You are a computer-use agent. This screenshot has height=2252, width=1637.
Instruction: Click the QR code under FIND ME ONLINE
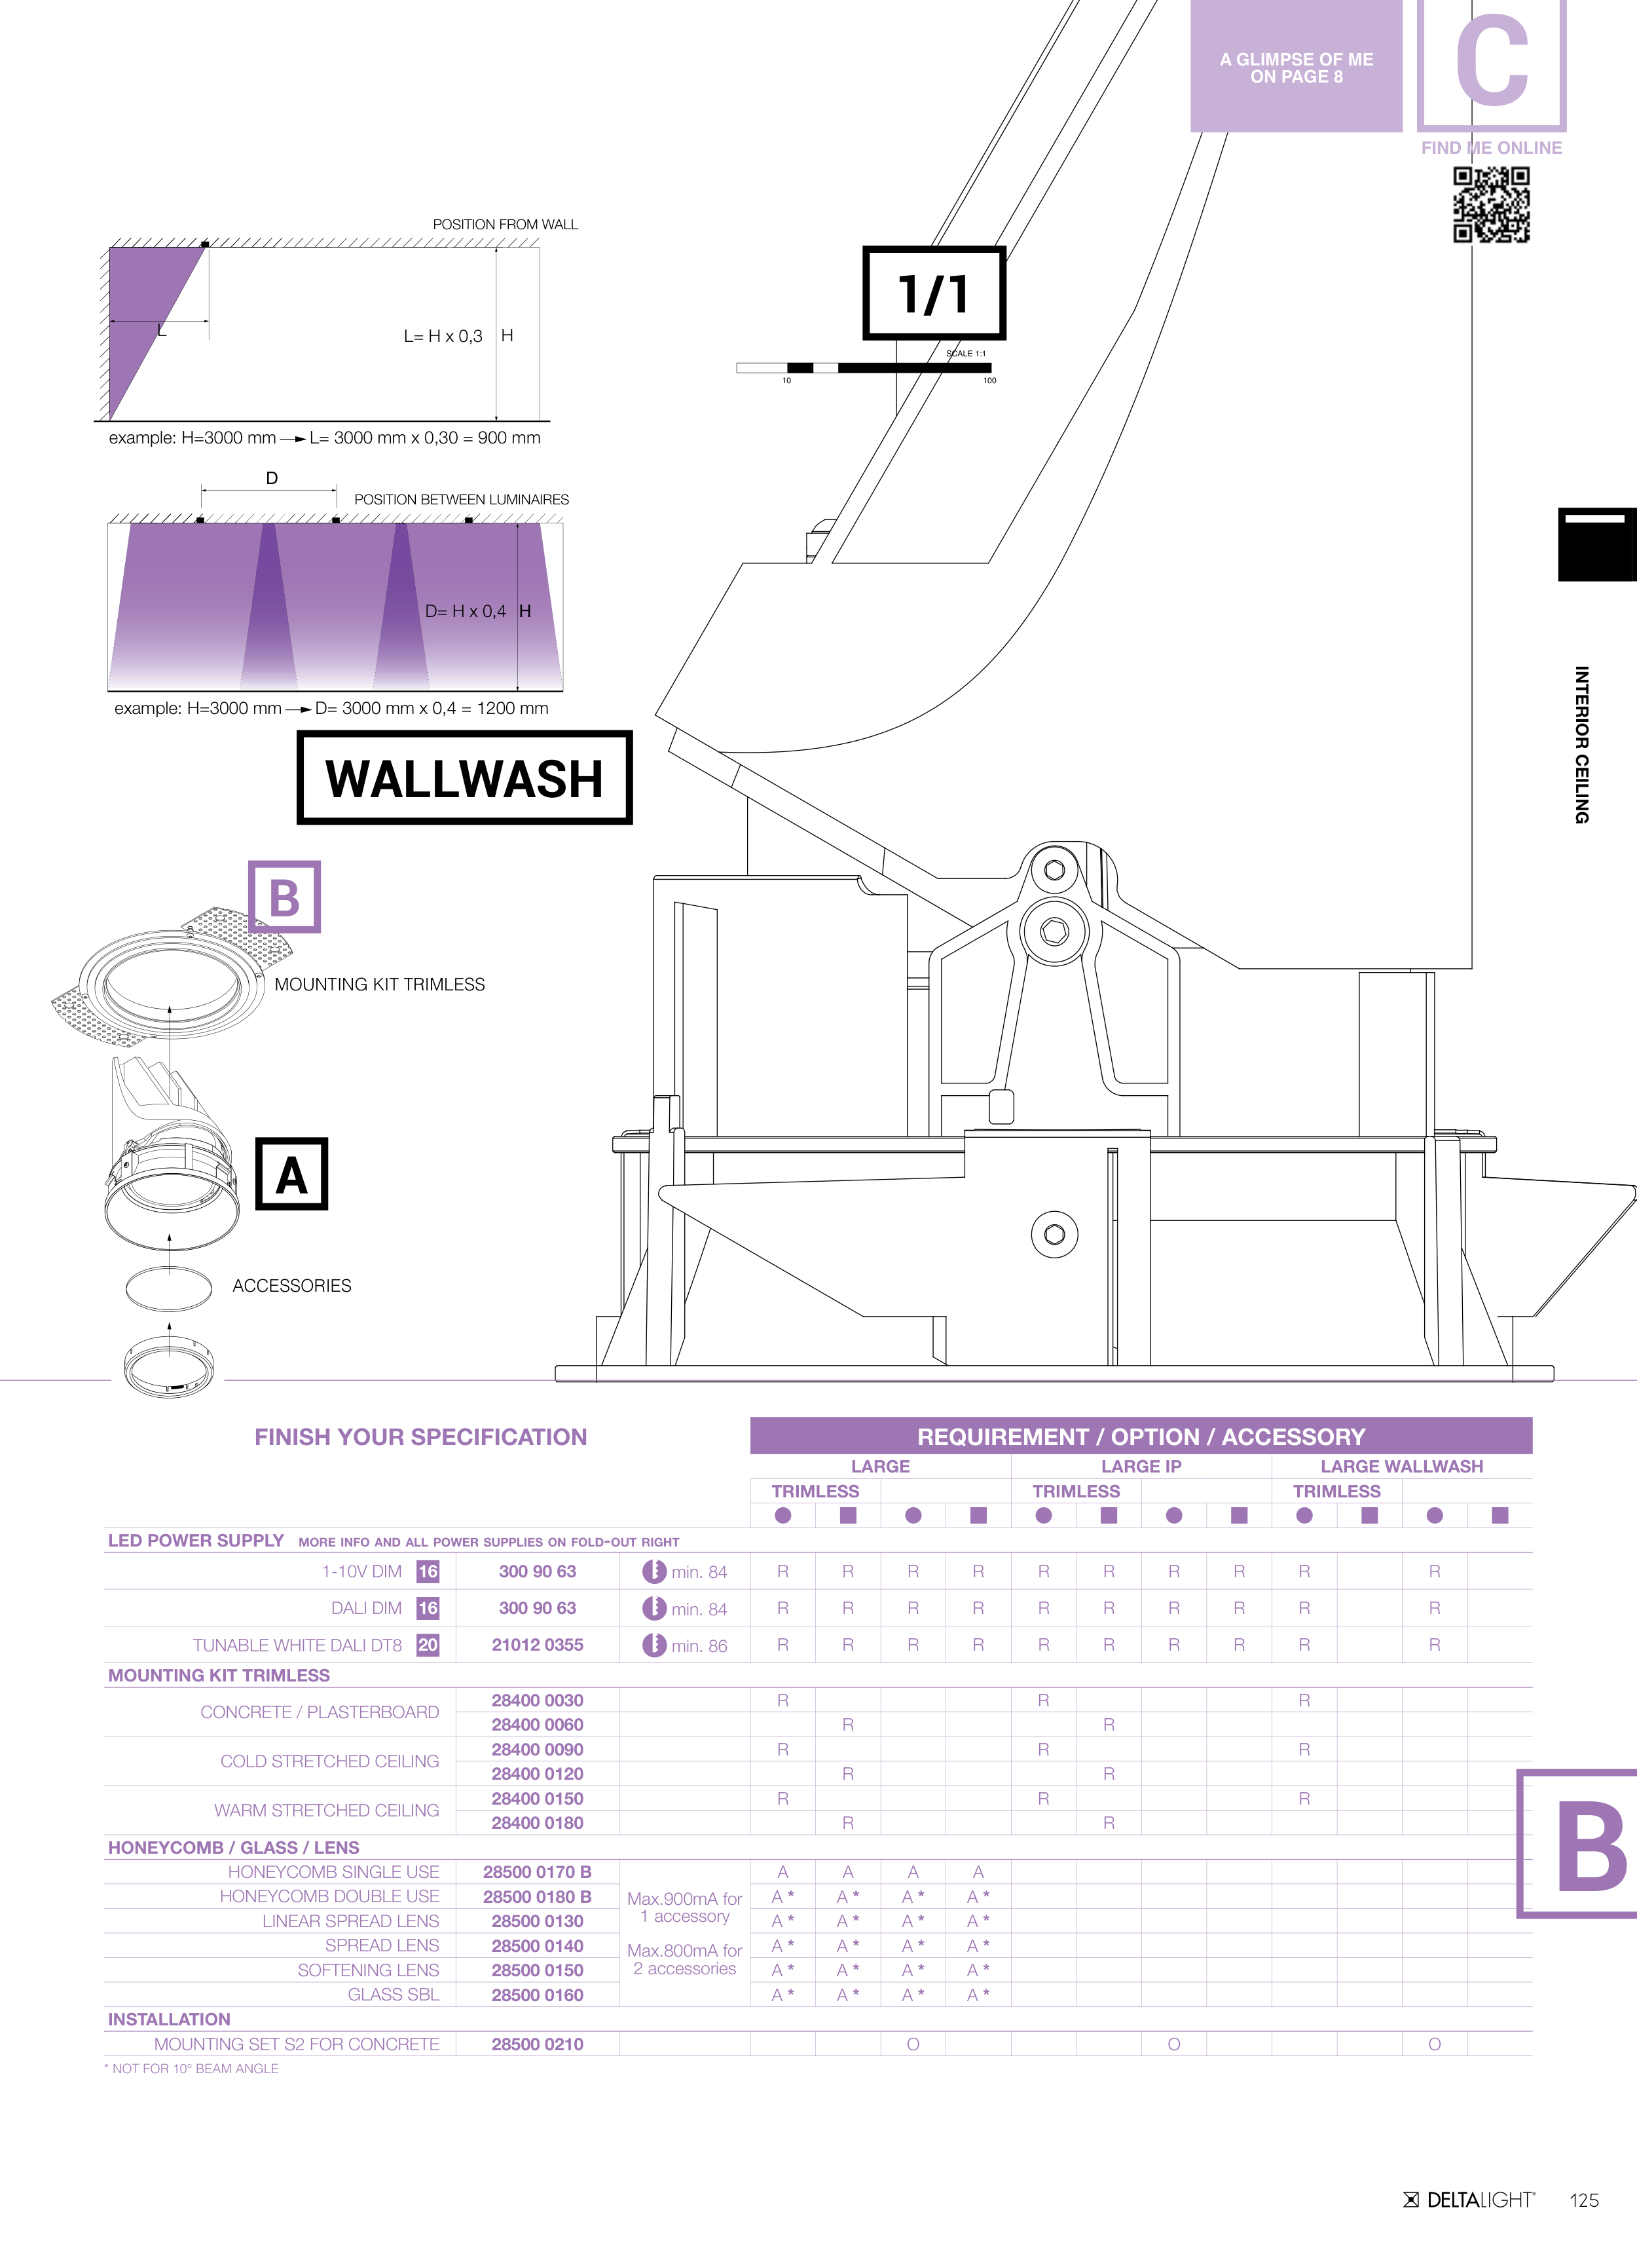(x=1491, y=204)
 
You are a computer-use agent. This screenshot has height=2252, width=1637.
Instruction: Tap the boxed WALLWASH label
(x=465, y=778)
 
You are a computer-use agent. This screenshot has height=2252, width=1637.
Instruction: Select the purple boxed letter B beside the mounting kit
(x=284, y=897)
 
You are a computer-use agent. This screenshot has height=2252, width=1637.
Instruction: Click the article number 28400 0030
(x=537, y=1700)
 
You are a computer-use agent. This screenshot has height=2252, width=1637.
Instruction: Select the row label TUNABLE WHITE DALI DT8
(x=297, y=1645)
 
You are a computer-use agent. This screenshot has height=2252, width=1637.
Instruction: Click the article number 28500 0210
(x=537, y=2044)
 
